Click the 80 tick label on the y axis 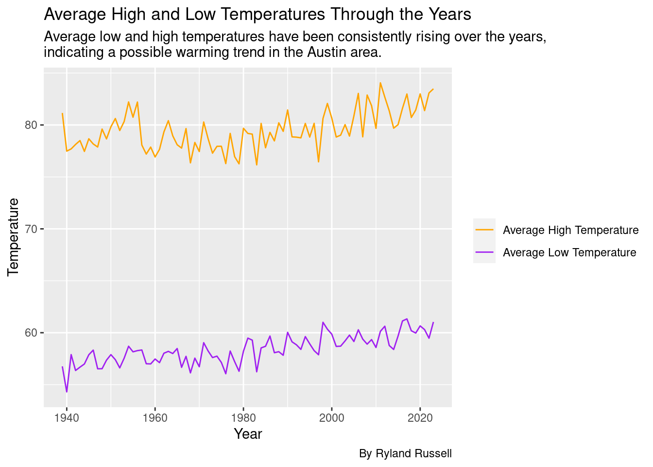tap(31, 125)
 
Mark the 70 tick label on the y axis tap(31, 229)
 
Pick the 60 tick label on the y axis tap(31, 333)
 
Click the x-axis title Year tap(248, 434)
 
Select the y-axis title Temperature tap(14, 237)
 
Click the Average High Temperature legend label tap(570, 230)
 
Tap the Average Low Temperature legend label tap(569, 252)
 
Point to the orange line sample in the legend tap(484, 230)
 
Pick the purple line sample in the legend tap(484, 252)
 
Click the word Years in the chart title tap(449, 15)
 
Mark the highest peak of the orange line tap(380, 83)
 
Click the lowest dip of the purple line tap(67, 392)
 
